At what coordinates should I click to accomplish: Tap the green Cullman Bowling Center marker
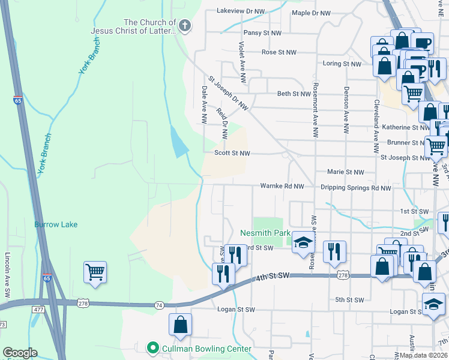tap(153, 347)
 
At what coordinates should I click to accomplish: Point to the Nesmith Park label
tap(265, 233)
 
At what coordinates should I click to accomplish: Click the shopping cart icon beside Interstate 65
tap(95, 272)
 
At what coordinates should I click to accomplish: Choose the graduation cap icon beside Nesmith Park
tap(304, 242)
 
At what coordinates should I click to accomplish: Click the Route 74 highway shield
tap(159, 305)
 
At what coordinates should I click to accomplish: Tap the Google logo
tap(20, 353)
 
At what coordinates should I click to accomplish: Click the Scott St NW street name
tap(232, 153)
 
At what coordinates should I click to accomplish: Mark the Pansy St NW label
tap(262, 33)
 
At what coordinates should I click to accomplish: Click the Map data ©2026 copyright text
tap(423, 355)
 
